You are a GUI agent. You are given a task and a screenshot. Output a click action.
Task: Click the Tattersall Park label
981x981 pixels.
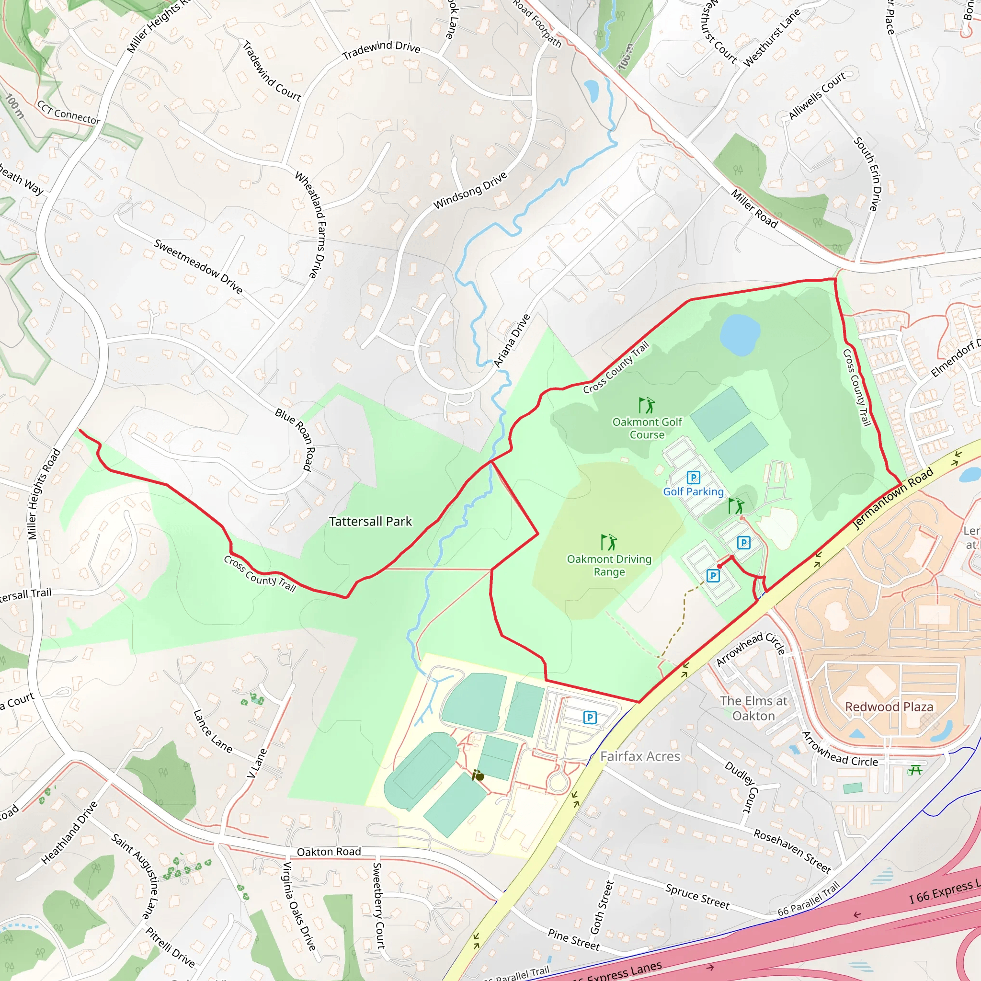[370, 522]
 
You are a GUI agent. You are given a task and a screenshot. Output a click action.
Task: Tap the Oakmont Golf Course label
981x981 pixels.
[647, 428]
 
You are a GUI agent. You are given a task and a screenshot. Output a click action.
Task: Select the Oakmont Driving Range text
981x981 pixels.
[609, 565]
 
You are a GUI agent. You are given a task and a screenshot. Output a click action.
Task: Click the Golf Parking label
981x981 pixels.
[693, 491]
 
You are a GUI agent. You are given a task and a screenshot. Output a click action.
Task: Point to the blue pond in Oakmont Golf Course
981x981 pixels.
[739, 335]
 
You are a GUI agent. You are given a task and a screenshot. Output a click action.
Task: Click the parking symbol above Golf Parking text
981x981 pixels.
[693, 477]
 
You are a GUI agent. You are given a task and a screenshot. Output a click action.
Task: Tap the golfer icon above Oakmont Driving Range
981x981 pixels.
[608, 542]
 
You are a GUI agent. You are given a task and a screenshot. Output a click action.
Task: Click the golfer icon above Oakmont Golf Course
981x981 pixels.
[646, 405]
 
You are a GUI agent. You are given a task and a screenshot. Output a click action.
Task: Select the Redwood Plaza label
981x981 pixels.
[889, 707]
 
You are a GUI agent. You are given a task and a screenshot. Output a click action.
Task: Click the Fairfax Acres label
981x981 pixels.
[640, 756]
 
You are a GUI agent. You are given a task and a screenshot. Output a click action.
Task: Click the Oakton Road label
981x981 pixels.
[329, 852]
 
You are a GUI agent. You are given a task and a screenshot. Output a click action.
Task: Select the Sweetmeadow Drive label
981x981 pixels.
[198, 266]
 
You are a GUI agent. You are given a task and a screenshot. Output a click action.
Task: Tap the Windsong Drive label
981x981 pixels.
[470, 191]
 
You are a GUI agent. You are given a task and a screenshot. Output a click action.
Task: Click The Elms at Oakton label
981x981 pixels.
[753, 708]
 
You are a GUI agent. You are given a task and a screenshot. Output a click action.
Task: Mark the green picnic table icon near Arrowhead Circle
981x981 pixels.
[915, 770]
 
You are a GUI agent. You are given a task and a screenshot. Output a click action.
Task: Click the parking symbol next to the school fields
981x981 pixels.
[590, 718]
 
